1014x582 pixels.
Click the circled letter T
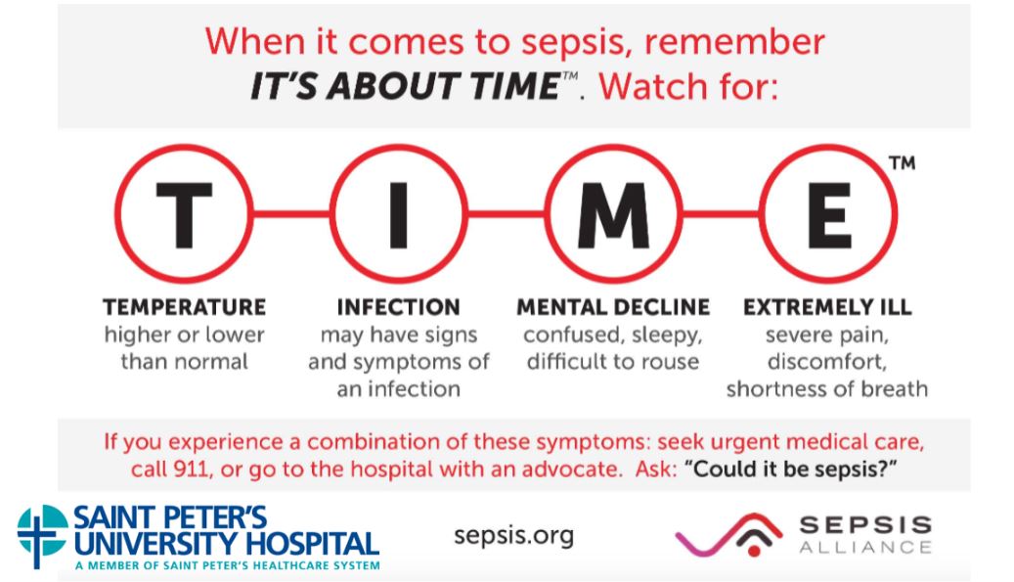pos(184,214)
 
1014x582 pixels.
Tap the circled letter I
pos(399,214)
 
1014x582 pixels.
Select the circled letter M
pos(614,214)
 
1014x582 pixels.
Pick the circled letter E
pos(828,214)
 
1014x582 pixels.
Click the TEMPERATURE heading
pos(184,307)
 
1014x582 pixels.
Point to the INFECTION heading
pos(399,307)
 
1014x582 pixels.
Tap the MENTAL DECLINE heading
pos(613,307)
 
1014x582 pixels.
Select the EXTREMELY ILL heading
pos(828,307)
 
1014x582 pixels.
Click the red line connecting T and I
pos(291,213)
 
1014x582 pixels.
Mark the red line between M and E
pos(721,213)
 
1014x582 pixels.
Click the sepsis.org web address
pos(514,536)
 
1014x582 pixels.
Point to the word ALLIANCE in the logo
pos(865,548)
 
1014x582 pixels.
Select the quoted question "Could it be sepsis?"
pos(795,469)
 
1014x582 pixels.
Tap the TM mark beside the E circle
pos(903,162)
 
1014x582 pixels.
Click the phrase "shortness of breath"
pos(827,389)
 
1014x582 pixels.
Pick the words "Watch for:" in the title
pos(688,87)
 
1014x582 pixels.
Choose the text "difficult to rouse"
pos(613,362)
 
